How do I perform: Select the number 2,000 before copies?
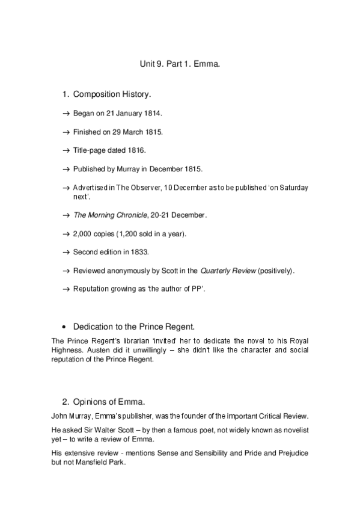pyautogui.click(x=83, y=233)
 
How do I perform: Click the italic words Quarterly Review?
pyautogui.click(x=227, y=271)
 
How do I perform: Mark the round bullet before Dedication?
pyautogui.click(x=64, y=327)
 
